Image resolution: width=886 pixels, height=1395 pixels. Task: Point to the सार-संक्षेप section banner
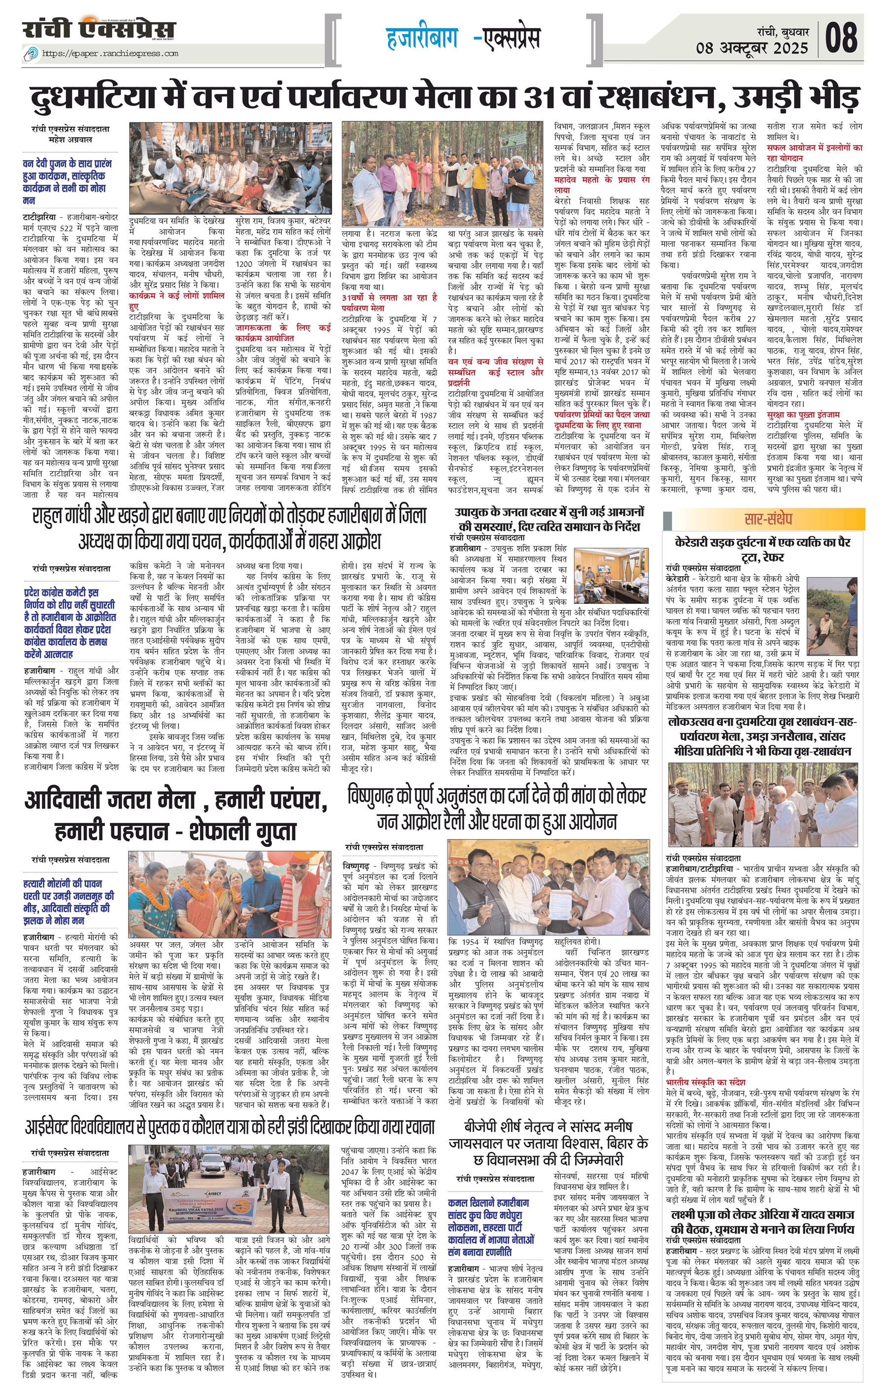773,517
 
